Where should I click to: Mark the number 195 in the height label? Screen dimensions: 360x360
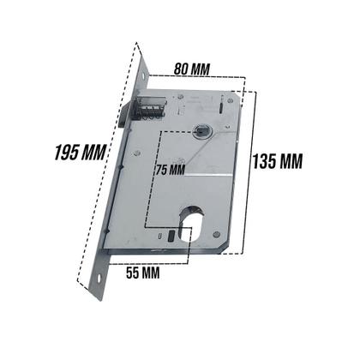62,153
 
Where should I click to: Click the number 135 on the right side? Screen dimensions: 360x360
267,159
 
